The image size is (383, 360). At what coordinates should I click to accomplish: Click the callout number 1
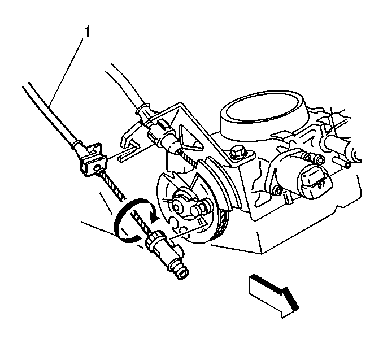tap(87, 32)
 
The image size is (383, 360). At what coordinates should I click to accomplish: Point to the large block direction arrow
tap(273, 295)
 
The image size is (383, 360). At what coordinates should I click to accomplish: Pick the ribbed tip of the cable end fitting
tap(182, 273)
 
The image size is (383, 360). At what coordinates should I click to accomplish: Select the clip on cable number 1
tap(92, 159)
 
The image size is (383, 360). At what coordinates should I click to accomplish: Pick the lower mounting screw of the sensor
tap(277, 191)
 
